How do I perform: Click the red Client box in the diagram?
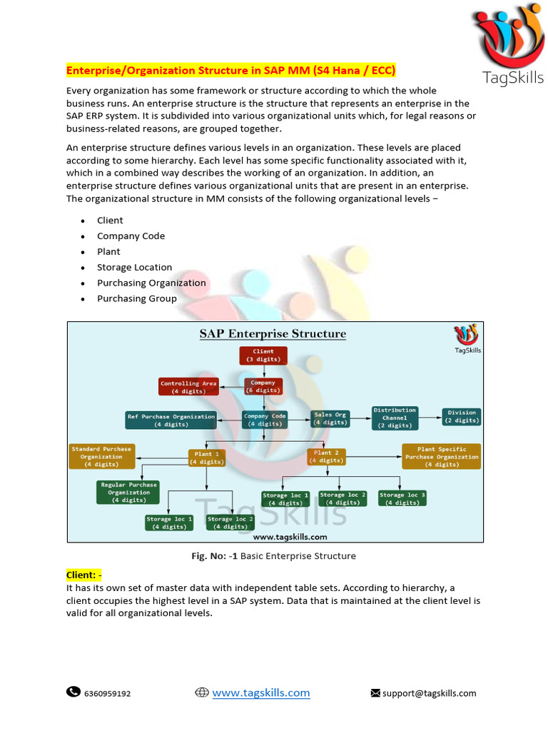[x=263, y=356]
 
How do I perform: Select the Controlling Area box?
[x=188, y=387]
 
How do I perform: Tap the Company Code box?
[x=265, y=420]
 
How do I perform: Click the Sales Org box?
[x=330, y=418]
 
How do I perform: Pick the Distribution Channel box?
[x=395, y=418]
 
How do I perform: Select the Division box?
[x=462, y=416]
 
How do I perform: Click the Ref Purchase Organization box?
[x=171, y=420]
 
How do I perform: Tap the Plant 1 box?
[x=207, y=457]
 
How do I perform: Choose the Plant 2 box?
[x=326, y=456]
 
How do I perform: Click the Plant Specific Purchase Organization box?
[x=442, y=457]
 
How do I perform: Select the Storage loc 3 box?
[x=402, y=498]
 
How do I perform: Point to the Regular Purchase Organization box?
[x=128, y=493]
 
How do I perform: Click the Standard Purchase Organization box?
[x=101, y=457]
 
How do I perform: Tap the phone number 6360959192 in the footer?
[x=107, y=693]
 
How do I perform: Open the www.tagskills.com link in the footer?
[x=260, y=692]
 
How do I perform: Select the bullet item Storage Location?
[x=134, y=267]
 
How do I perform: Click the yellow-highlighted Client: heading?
[x=84, y=574]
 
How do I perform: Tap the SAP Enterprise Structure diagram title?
[x=273, y=333]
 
